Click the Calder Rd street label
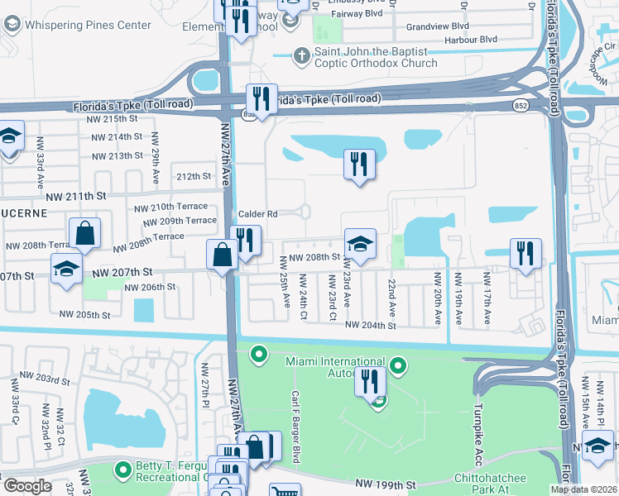coord(257,214)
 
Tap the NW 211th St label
coord(77,197)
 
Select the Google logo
coord(26,486)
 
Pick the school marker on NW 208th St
coord(360,245)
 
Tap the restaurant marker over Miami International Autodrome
coord(370,382)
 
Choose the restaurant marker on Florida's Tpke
coord(262,100)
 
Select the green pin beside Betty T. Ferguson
coord(123,470)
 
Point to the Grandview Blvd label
coord(438,26)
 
